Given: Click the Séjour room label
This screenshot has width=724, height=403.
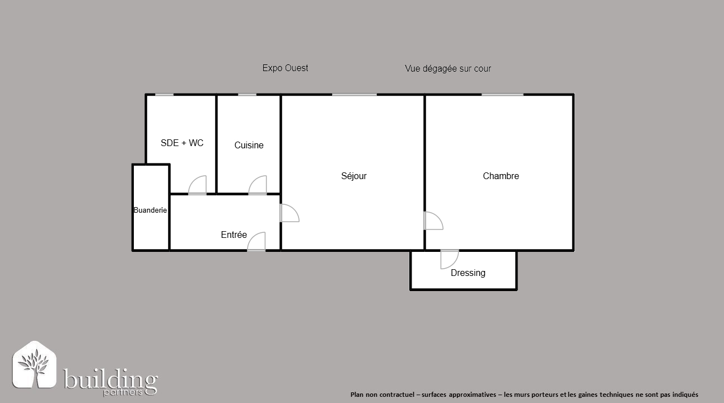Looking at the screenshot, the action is click(353, 176).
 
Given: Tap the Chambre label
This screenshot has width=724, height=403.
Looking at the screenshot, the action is click(501, 176).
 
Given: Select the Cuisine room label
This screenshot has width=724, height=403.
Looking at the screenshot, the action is click(249, 145).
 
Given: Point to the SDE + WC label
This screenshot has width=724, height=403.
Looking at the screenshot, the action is click(182, 143).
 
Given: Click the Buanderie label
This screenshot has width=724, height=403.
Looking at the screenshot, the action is click(150, 210).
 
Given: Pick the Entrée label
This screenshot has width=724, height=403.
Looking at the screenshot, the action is click(233, 235).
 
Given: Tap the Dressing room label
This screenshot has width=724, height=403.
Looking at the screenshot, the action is click(468, 273).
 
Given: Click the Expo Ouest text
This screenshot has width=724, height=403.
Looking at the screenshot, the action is click(285, 68).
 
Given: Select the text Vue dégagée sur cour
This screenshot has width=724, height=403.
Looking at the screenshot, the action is click(447, 68).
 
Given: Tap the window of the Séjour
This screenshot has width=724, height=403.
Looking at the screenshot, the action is click(354, 95).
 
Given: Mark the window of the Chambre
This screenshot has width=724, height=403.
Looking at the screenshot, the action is click(502, 95).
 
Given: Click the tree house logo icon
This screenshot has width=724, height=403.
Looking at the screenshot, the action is click(34, 364).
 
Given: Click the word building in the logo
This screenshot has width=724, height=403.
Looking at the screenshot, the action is click(110, 379).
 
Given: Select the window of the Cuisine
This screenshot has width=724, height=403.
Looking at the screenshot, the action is click(247, 95).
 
